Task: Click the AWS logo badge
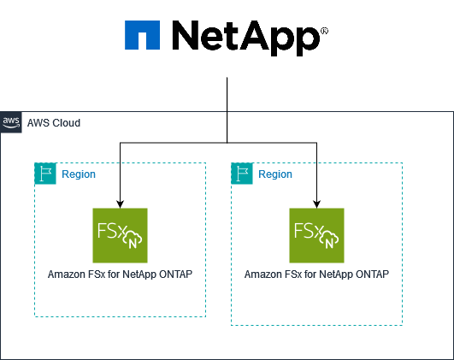point(11,122)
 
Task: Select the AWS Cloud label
point(54,123)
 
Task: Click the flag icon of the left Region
point(44,174)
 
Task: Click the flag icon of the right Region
point(241,174)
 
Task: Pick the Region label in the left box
point(79,174)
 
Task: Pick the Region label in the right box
point(275,174)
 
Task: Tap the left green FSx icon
point(120,235)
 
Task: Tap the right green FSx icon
point(316,235)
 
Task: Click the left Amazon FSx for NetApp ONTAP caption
point(120,274)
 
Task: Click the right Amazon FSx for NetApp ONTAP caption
point(316,274)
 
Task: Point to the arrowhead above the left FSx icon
point(120,204)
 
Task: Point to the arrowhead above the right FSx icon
point(316,204)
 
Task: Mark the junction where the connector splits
point(227,142)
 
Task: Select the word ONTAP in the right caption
point(372,274)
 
